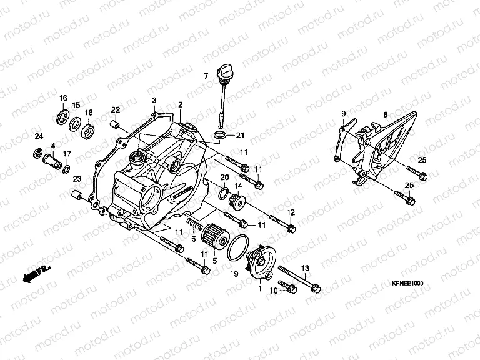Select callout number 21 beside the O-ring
tap(240, 136)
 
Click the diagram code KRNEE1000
tap(409, 283)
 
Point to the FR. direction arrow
tap(37, 273)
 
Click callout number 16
tap(63, 98)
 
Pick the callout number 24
tap(38, 137)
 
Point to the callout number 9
tap(343, 112)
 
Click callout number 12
tap(291, 212)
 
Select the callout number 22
tap(116, 109)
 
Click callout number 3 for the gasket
tap(154, 100)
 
